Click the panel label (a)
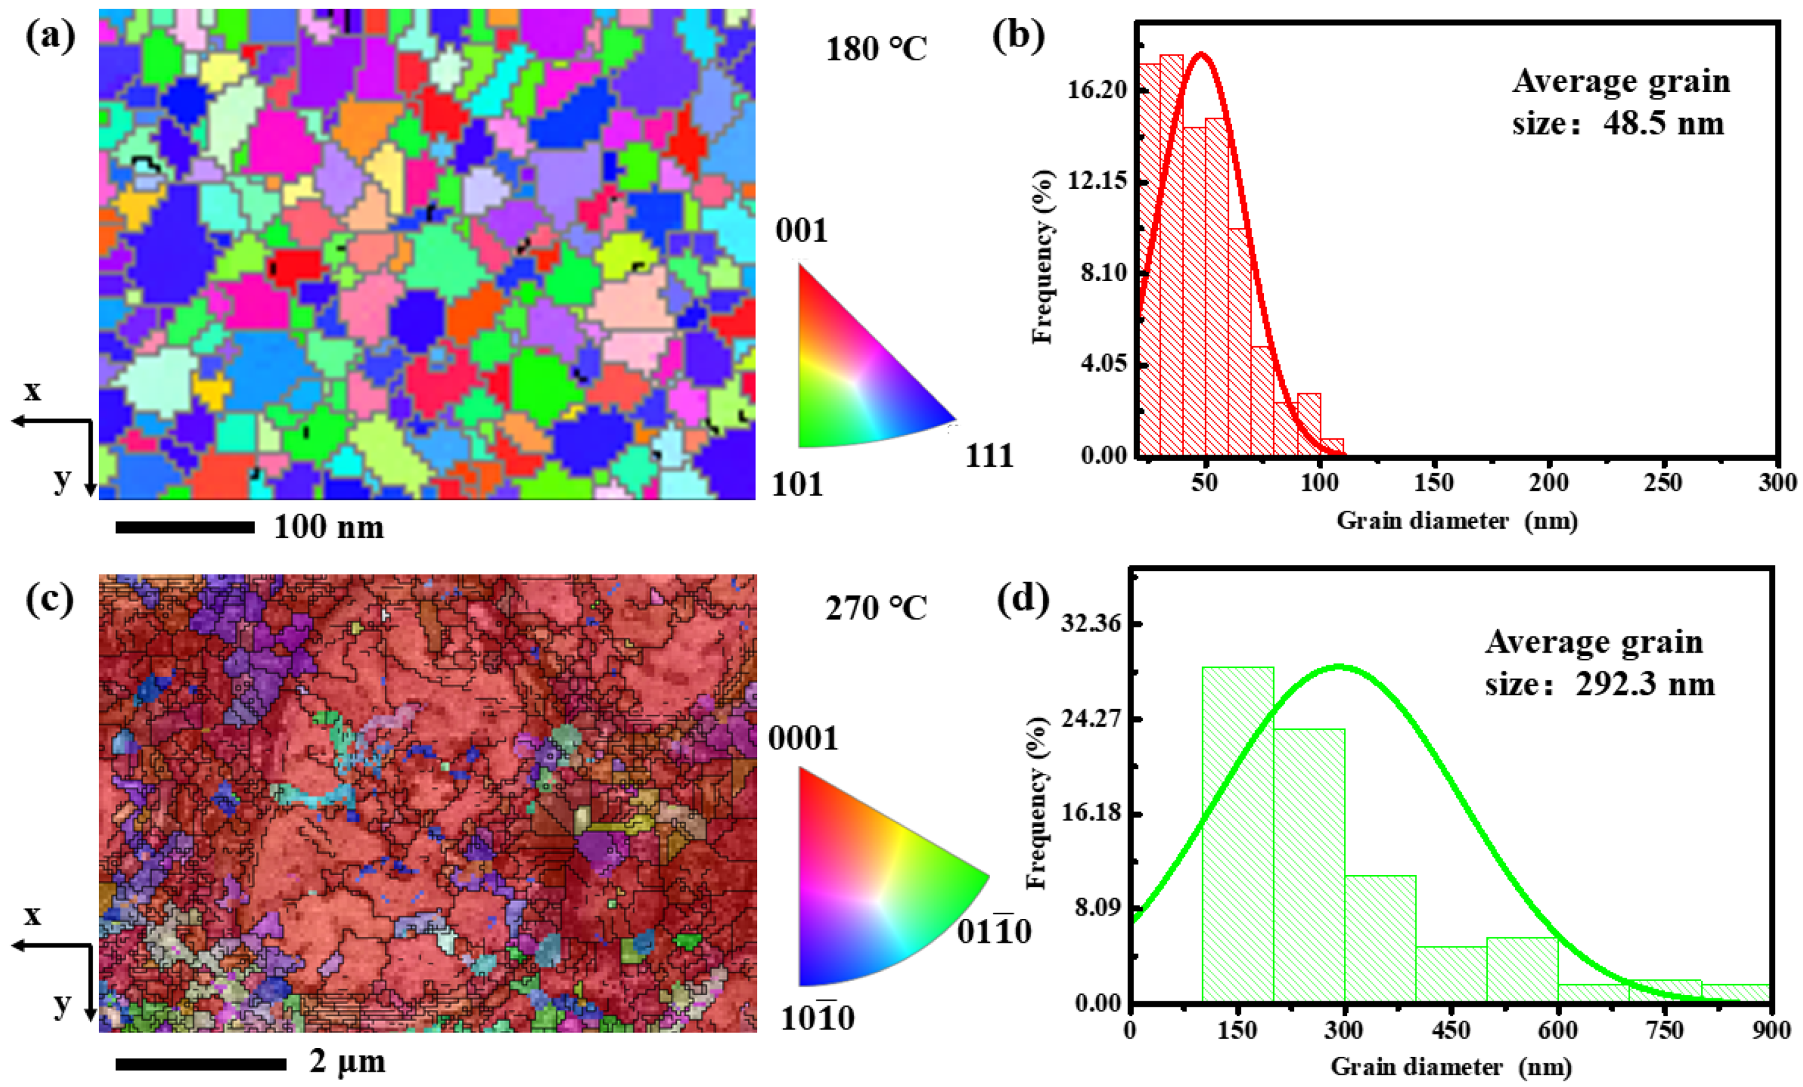[x=50, y=37]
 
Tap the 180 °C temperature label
[x=876, y=50]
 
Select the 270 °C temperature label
[x=876, y=608]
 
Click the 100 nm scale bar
[x=184, y=527]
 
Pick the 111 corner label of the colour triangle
[x=988, y=456]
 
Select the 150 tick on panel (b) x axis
[x=1434, y=483]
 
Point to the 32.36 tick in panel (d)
[x=1090, y=624]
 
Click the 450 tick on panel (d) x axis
[x=1450, y=1031]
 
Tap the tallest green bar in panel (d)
[x=1237, y=834]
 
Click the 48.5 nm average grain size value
[x=1663, y=123]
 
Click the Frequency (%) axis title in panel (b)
[x=1043, y=256]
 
